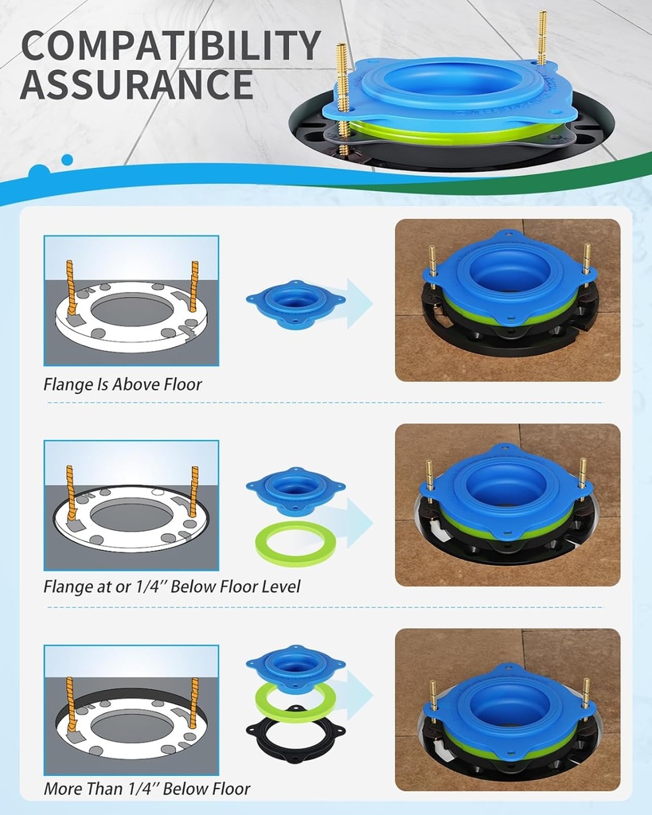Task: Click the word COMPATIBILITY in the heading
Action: tap(170, 47)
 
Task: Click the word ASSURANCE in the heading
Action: tap(136, 85)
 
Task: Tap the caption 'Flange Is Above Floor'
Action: tap(123, 384)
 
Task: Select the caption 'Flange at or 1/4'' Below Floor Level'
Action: tap(172, 587)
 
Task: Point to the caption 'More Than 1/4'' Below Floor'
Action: tap(146, 789)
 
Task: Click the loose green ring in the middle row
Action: tap(295, 544)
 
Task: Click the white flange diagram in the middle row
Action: tap(131, 517)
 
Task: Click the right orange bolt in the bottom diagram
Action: tap(193, 703)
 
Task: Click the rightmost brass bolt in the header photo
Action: tap(541, 37)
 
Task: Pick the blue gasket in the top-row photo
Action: tap(507, 275)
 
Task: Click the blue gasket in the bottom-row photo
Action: tap(507, 700)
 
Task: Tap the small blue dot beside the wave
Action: tap(67, 160)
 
